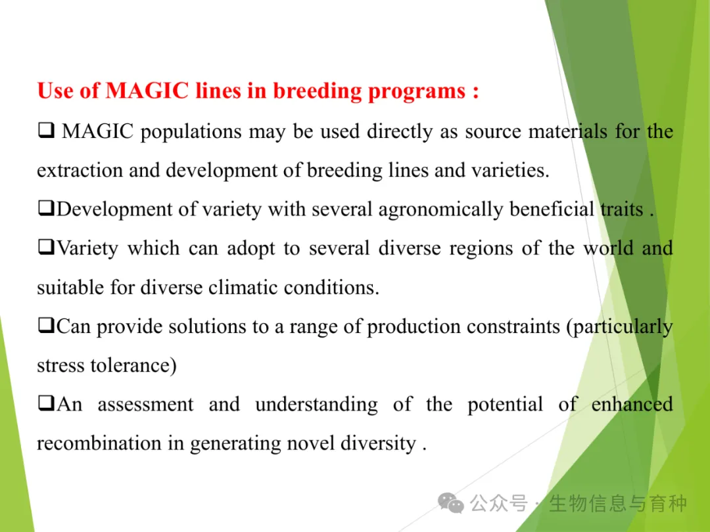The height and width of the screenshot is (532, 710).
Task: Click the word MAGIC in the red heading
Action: pos(147,90)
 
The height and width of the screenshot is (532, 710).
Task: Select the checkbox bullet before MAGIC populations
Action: pos(46,130)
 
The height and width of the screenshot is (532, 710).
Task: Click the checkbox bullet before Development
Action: pos(46,208)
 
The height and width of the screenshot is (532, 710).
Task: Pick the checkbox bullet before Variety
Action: pos(46,247)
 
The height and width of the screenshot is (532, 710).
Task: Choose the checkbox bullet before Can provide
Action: pos(46,325)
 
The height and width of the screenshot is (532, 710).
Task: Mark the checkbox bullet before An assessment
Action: pos(46,403)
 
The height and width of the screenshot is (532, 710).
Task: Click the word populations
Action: pos(191,132)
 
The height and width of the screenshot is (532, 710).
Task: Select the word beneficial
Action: pos(552,209)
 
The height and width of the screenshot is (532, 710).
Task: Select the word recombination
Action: pos(99,443)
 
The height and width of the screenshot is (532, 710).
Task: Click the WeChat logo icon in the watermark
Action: pos(450,503)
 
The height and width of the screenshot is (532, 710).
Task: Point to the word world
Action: pos(608,248)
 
